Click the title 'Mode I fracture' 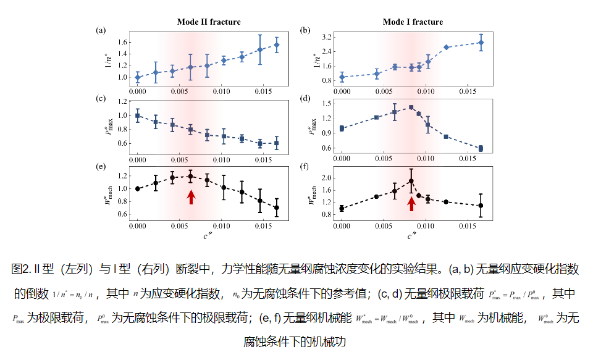[413, 22]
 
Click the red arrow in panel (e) [191, 197]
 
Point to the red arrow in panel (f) [411, 203]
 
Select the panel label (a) [101, 30]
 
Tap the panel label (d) [305, 98]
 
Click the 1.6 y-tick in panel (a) [122, 42]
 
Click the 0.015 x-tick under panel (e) [264, 227]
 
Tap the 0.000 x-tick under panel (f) [342, 227]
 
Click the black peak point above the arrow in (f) [411, 182]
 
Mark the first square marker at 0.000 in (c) [138, 115]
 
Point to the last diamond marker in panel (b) [481, 43]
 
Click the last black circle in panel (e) [276, 207]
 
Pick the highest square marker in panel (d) [411, 107]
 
